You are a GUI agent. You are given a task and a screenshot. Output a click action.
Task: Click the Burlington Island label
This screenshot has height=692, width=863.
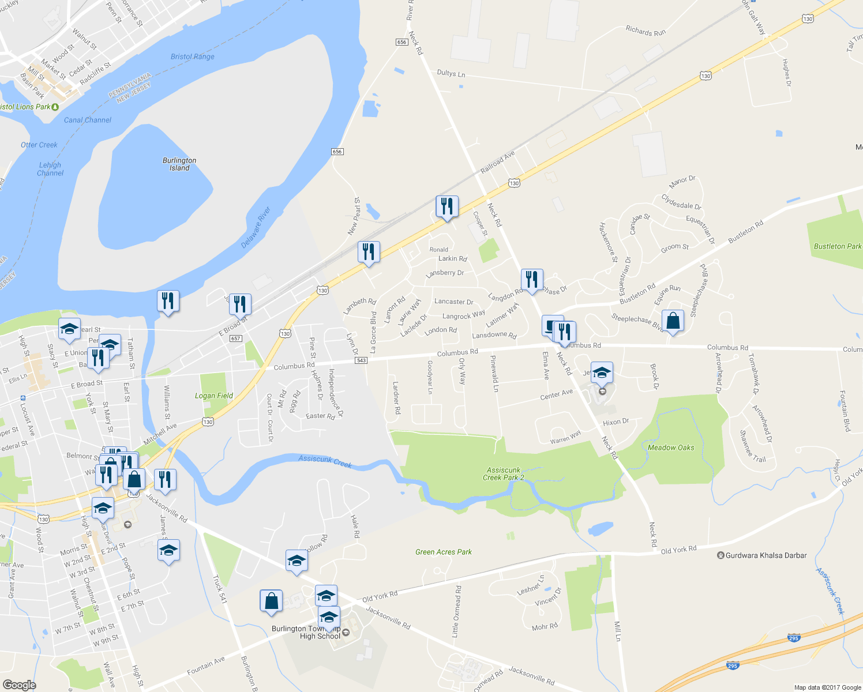179,164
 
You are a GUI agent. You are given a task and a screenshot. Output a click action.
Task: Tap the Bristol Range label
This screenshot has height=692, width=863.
193,57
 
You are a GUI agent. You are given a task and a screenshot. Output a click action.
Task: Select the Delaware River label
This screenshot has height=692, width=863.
256,228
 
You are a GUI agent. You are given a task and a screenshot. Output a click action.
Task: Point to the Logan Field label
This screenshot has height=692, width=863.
214,396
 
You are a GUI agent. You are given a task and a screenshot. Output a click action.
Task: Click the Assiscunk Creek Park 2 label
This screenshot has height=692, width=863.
504,474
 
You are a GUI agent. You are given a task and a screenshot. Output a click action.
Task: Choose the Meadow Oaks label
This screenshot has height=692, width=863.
671,447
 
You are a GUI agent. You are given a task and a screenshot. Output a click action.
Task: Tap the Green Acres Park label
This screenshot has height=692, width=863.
444,552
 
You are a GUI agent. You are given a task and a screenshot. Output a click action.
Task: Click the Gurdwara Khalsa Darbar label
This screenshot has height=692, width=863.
765,555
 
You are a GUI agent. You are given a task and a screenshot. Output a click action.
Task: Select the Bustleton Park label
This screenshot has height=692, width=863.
838,246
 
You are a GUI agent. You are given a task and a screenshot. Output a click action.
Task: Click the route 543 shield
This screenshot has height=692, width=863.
361,360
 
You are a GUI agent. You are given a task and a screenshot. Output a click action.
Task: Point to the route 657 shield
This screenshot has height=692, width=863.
235,339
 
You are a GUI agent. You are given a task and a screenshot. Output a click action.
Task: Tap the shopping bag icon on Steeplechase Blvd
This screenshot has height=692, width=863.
673,321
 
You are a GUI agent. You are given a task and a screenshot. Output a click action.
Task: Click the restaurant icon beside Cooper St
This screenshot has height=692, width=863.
447,206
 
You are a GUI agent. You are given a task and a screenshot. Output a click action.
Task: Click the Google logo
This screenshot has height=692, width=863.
19,685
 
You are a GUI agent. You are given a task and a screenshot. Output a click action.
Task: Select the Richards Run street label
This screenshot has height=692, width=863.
646,31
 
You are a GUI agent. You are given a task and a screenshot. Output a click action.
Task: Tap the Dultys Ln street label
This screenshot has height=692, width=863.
451,73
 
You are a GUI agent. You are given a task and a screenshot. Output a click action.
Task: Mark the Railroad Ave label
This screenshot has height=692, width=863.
497,163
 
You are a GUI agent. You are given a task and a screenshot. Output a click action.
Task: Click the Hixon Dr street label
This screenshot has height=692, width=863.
616,422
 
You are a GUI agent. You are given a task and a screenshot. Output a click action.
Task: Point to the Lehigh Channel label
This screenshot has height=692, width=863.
50,169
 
